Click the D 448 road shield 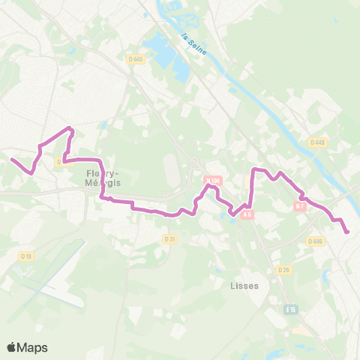tap(316, 142)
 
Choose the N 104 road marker tap(212, 181)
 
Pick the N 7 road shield tap(300, 205)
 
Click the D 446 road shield tap(314, 241)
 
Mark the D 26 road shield tap(283, 269)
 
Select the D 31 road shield tap(169, 238)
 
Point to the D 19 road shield tap(26, 256)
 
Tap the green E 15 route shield tap(291, 309)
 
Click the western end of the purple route tap(11, 159)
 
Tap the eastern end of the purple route tap(347, 232)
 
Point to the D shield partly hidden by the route tap(59, 161)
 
